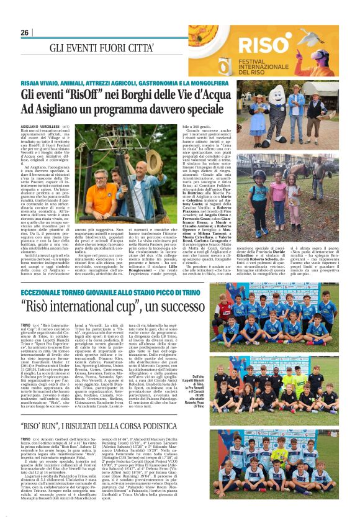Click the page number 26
25,32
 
